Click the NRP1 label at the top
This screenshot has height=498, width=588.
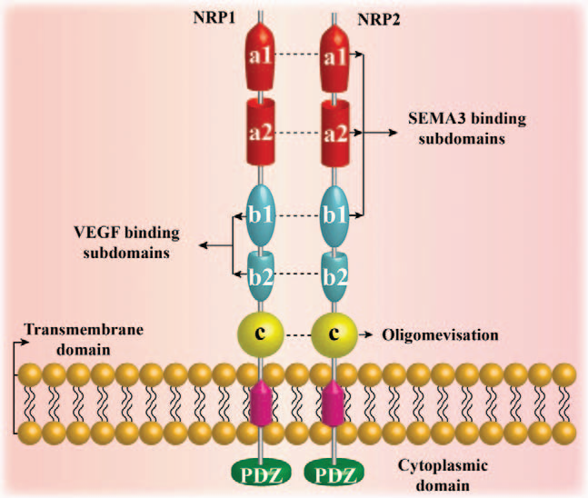[x=215, y=17]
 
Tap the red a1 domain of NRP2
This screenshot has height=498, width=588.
[x=338, y=55]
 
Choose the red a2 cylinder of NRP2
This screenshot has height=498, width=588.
[x=338, y=132]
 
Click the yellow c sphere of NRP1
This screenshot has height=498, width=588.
[x=259, y=334]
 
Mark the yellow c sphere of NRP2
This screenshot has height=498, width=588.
[x=335, y=334]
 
